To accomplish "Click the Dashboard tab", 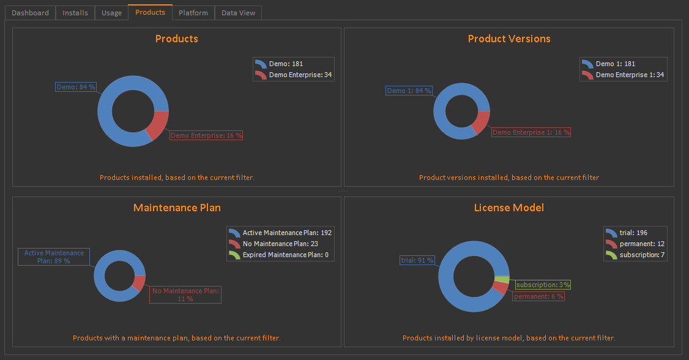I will tap(30, 13).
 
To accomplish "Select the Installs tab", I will tap(75, 13).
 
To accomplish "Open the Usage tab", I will tap(111, 13).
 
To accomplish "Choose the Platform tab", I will tap(193, 13).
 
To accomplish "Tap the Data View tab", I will tap(238, 13).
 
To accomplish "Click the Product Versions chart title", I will tap(509, 39).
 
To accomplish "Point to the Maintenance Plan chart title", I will tap(177, 208).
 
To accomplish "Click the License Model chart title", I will tap(509, 208).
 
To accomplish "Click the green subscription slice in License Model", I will tap(502, 280).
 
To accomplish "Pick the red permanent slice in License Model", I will tap(499, 288).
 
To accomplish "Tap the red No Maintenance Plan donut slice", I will tap(139, 283).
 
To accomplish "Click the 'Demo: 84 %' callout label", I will tap(76, 87).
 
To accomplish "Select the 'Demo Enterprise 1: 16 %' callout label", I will tap(531, 132).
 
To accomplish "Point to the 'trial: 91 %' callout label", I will tap(417, 260).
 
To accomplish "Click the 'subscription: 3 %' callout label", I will tap(543, 285).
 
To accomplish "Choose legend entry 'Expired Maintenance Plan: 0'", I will tap(285, 255).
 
